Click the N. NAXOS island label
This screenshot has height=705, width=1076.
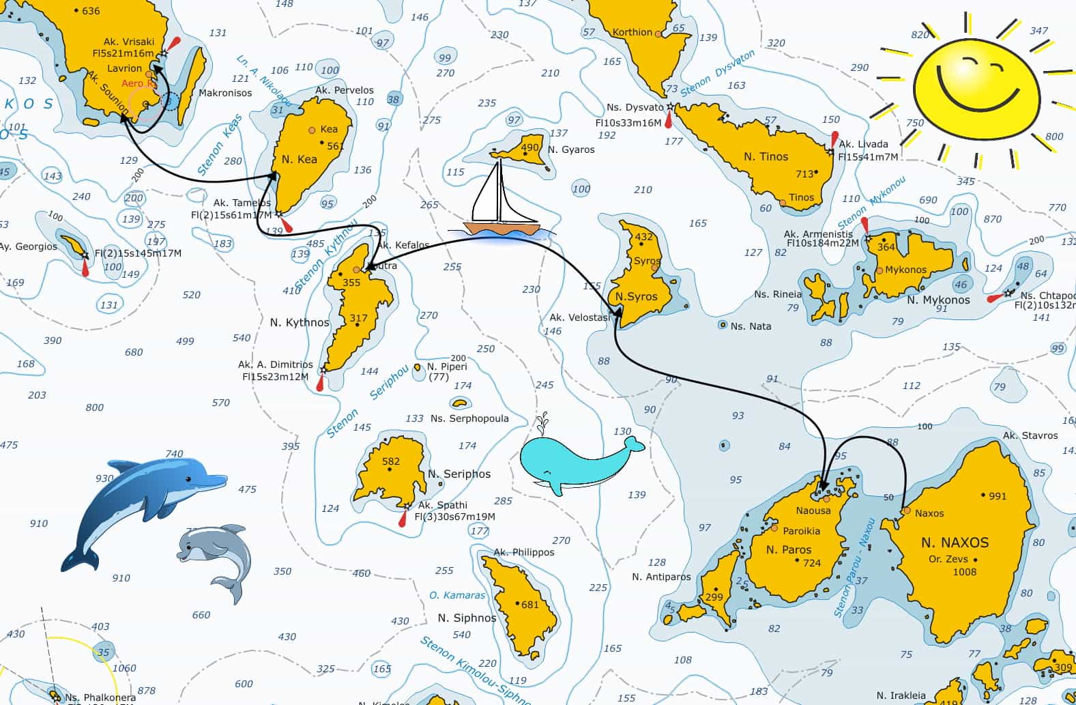tap(955, 543)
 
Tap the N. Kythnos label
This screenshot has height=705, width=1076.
tap(300, 322)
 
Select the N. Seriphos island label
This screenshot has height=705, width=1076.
tap(459, 474)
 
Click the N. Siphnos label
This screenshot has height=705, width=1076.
tap(467, 618)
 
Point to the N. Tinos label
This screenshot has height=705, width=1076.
tap(766, 156)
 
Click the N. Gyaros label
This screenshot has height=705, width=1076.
tap(570, 149)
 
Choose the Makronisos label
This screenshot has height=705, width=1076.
tap(225, 93)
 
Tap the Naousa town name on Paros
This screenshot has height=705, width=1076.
tap(813, 510)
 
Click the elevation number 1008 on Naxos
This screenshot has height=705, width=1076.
tap(964, 572)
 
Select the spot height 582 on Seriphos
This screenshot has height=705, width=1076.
tap(391, 461)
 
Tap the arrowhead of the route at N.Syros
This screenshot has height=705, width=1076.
tap(617, 311)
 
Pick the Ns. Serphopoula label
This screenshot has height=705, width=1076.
tap(469, 418)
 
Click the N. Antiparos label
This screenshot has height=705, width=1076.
tap(660, 577)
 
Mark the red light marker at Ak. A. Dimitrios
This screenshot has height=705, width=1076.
tap(319, 384)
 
